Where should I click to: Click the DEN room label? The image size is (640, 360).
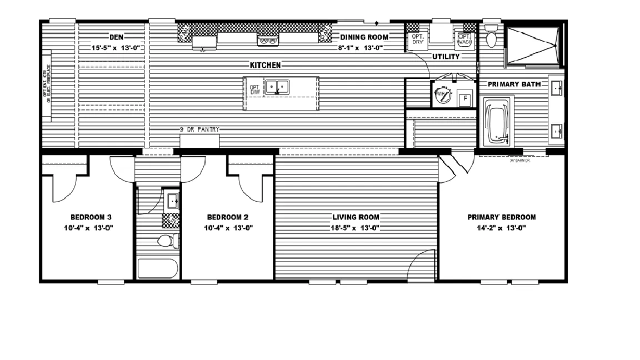click(x=116, y=37)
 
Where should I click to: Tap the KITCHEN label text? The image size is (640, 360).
click(x=265, y=65)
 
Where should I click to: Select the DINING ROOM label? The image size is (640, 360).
click(x=364, y=37)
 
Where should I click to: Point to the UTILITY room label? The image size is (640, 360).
click(x=446, y=57)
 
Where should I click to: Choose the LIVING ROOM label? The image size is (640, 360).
click(x=356, y=217)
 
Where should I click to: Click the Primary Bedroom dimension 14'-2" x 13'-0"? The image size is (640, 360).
click(x=501, y=228)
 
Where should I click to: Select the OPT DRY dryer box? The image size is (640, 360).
click(x=417, y=39)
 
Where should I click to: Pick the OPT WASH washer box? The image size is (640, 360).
click(x=464, y=39)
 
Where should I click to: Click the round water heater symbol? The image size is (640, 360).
click(x=442, y=95)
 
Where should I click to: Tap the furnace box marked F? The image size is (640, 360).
click(x=465, y=99)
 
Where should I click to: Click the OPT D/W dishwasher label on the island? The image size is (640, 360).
click(x=254, y=90)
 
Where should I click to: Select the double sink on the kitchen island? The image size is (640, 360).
click(x=277, y=87)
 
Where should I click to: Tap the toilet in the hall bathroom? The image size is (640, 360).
click(x=168, y=241)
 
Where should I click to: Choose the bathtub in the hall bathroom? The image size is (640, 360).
click(x=158, y=268)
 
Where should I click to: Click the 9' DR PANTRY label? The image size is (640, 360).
click(x=199, y=129)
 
